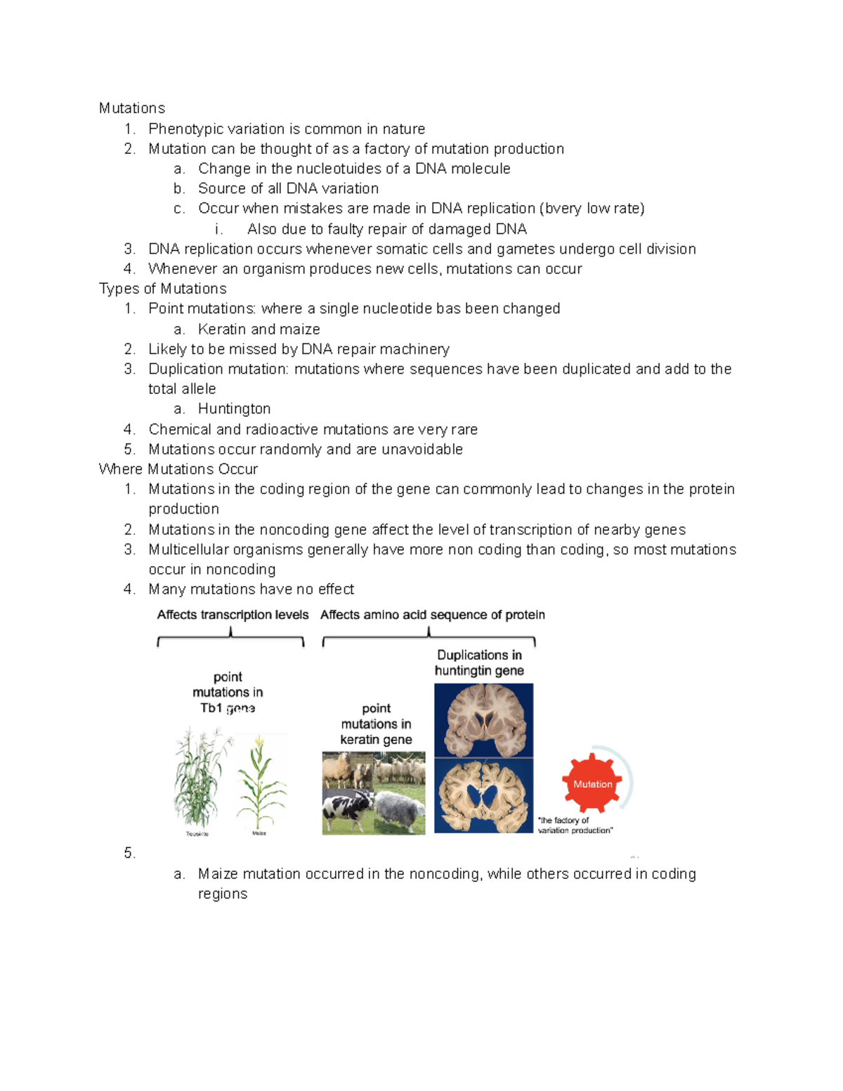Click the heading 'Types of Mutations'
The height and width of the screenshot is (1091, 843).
pyautogui.click(x=162, y=289)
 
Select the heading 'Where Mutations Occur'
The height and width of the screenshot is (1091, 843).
pyautogui.click(x=178, y=469)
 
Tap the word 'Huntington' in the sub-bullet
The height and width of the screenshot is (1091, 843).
pyautogui.click(x=234, y=409)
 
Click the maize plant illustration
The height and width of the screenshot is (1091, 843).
pyautogui.click(x=261, y=783)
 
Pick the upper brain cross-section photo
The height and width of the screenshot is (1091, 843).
pyautogui.click(x=483, y=720)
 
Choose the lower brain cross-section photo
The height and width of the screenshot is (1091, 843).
pyautogui.click(x=483, y=796)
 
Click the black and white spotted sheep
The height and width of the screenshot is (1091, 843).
pyautogui.click(x=348, y=812)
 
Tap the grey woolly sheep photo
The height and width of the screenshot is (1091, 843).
pyautogui.click(x=400, y=811)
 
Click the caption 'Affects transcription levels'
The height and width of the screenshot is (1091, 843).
pyautogui.click(x=233, y=615)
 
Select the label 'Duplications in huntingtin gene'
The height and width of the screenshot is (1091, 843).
pyautogui.click(x=479, y=662)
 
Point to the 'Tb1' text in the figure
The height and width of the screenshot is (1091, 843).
pyautogui.click(x=211, y=708)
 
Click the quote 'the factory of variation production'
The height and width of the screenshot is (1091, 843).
pyautogui.click(x=575, y=825)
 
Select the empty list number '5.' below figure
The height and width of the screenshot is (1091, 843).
pyautogui.click(x=129, y=853)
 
